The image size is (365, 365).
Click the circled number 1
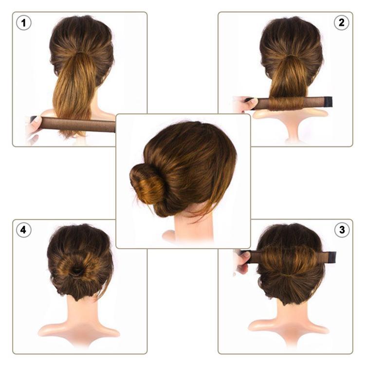23,23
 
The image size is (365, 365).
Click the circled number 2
341,23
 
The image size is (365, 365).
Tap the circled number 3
341,230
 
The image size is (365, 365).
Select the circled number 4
23,230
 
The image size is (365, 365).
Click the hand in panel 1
33,128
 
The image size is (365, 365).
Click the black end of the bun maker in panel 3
331,257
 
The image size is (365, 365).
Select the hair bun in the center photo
147,183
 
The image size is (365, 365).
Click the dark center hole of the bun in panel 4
77,270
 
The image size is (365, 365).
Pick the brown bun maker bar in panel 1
78,124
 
